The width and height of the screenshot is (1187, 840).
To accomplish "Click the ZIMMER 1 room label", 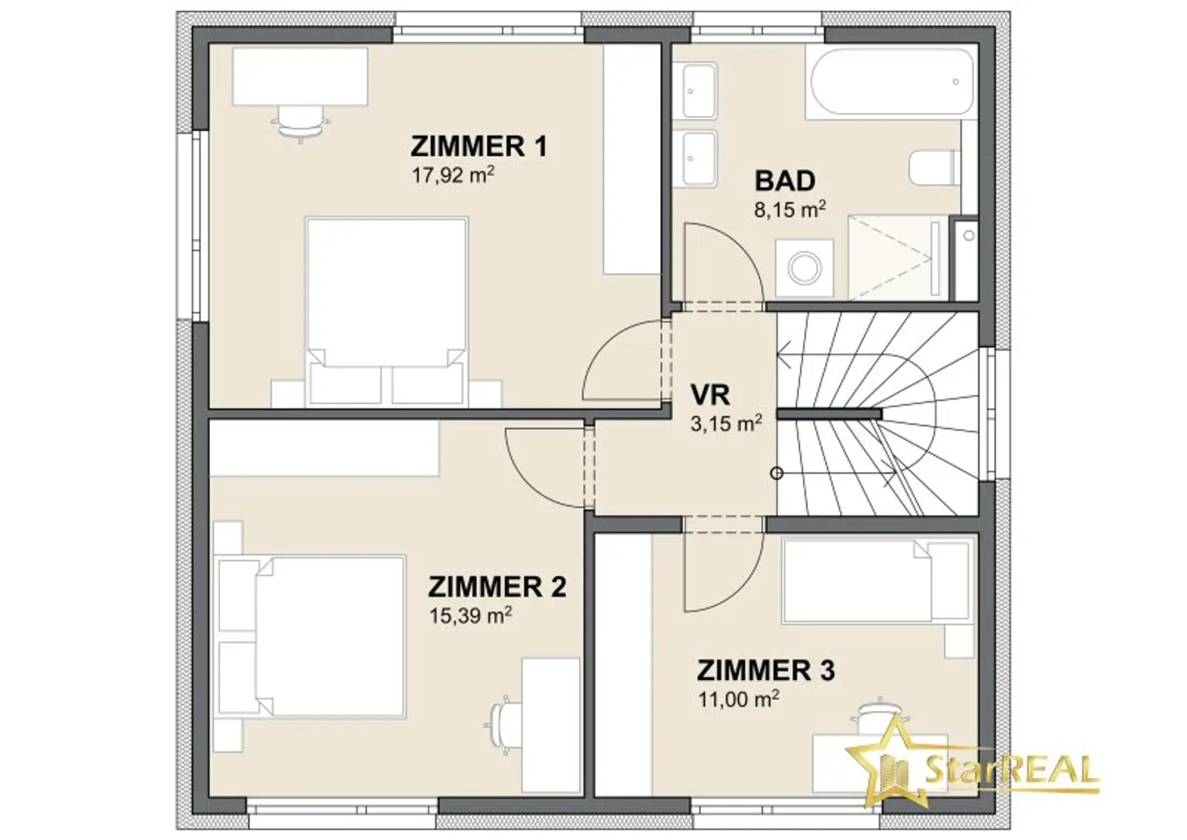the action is [x=478, y=146].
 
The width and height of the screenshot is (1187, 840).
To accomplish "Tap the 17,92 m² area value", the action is [x=454, y=175].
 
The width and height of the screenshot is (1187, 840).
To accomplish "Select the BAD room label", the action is [x=785, y=181].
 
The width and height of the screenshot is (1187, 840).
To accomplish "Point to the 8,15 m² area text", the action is [x=790, y=209].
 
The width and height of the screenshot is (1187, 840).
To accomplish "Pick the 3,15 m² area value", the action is [x=726, y=423].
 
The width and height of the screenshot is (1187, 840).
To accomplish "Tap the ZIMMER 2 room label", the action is [x=497, y=587].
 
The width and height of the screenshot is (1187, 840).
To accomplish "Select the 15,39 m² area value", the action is [x=471, y=616].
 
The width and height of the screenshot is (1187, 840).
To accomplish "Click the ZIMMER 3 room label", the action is [x=767, y=671].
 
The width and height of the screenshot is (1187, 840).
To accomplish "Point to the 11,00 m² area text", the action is [x=739, y=699].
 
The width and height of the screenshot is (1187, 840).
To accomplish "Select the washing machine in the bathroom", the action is [x=804, y=268].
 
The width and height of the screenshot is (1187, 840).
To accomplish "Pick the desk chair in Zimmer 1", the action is [x=301, y=124].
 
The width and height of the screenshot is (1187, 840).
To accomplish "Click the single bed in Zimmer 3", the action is [x=878, y=580].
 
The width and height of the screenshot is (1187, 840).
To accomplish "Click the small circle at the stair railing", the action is [x=777, y=473].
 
